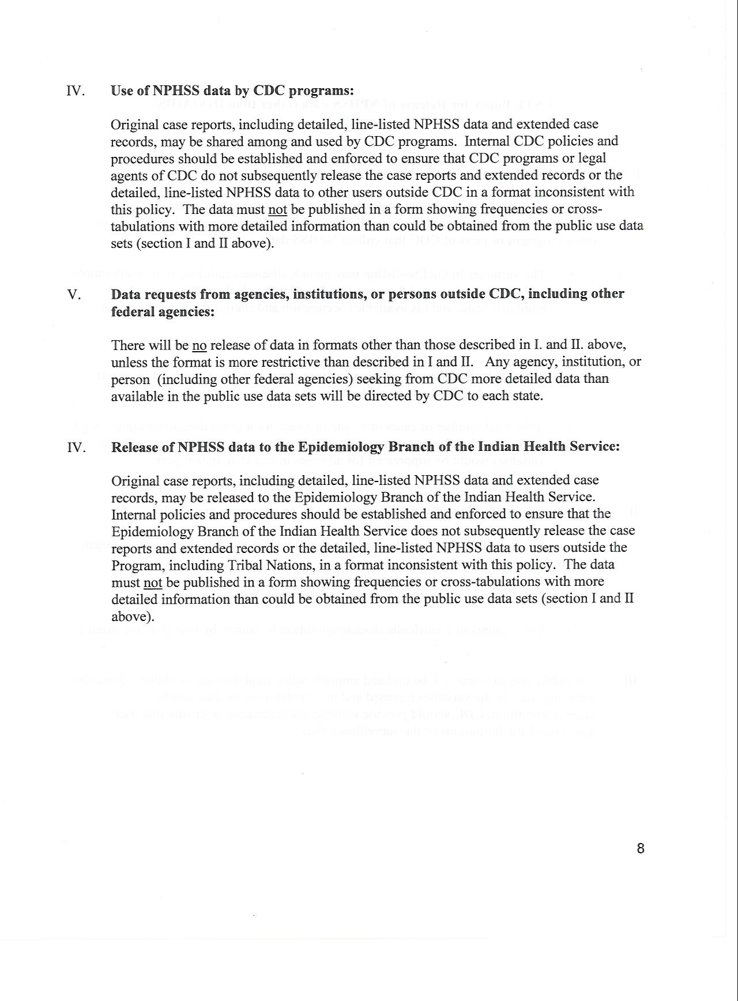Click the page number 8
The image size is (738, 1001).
641,848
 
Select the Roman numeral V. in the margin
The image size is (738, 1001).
74,294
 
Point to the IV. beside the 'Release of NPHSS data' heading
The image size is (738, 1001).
76,447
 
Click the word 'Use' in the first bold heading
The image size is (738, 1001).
122,91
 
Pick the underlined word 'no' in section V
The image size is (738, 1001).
199,345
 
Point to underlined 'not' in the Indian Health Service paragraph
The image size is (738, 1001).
153,582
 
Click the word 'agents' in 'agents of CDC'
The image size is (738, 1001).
129,175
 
